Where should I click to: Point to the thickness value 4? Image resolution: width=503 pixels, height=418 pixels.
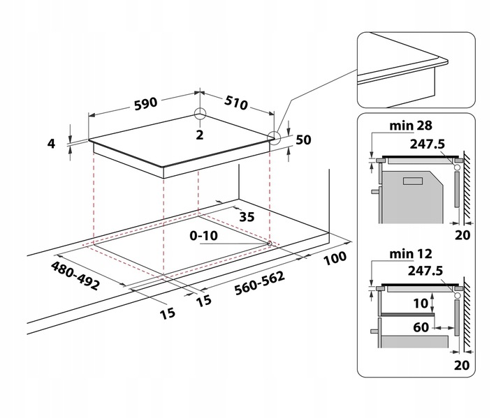[51, 144]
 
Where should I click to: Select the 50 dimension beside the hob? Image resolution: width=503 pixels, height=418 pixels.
[302, 140]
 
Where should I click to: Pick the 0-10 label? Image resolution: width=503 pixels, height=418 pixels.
[204, 236]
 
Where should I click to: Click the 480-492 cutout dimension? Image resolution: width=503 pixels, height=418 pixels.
[75, 276]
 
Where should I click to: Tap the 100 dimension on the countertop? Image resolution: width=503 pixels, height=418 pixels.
[336, 259]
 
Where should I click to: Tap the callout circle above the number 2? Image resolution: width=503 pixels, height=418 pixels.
[200, 114]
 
